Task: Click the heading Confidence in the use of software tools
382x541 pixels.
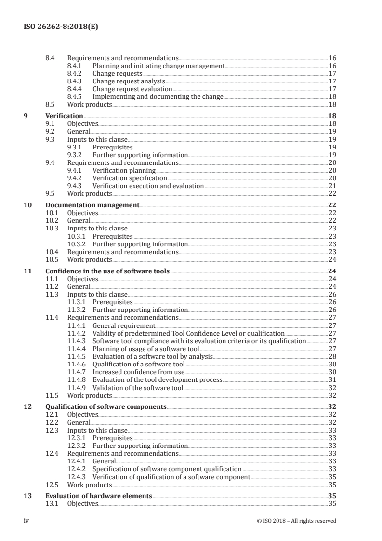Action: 107,271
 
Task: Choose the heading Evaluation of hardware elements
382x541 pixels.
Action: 99,496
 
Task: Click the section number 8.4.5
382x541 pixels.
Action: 76,97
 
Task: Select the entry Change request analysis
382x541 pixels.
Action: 129,81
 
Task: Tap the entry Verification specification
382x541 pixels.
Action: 130,178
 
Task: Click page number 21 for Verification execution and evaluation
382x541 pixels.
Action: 332,186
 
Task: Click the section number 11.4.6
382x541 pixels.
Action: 77,364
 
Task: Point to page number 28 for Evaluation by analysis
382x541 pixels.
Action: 332,356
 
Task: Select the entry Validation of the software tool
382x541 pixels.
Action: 138,387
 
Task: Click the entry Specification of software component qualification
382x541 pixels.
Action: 167,469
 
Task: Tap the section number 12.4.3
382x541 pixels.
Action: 77,476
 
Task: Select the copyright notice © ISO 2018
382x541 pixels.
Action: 297,521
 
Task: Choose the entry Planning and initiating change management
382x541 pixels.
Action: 158,66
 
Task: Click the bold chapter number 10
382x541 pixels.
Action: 28,205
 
